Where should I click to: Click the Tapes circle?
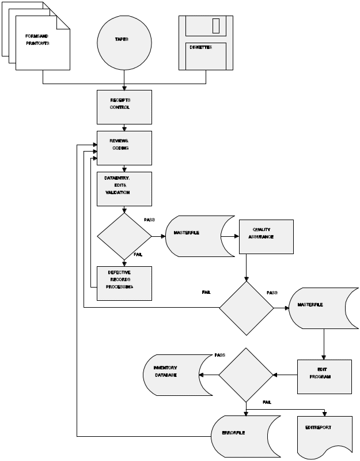[124, 43]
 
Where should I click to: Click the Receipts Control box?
[124, 107]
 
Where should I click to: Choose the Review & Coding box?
[124, 148]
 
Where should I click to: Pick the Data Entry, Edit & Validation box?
[124, 188]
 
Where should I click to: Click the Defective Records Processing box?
[124, 283]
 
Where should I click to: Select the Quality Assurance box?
[266, 236]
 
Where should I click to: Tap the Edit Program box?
[324, 376]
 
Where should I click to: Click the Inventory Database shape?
[172, 375]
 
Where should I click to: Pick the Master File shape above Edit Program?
[323, 308]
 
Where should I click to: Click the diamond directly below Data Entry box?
[124, 236]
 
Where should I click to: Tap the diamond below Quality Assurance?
[247, 308]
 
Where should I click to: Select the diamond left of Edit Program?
[246, 375]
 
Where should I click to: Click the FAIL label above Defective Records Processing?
[138, 254]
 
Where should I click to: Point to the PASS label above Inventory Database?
[220, 355]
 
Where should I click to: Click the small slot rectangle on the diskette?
[216, 26]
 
